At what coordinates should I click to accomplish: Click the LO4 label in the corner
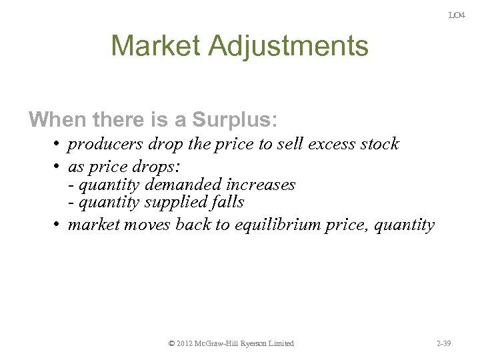pos(457,15)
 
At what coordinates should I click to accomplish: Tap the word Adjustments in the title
pos(288,47)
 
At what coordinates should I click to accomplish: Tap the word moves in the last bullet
pos(147,225)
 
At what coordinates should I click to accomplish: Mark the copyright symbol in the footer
pos(172,343)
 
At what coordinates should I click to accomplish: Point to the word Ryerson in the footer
pos(251,343)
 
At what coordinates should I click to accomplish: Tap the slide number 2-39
pos(443,343)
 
